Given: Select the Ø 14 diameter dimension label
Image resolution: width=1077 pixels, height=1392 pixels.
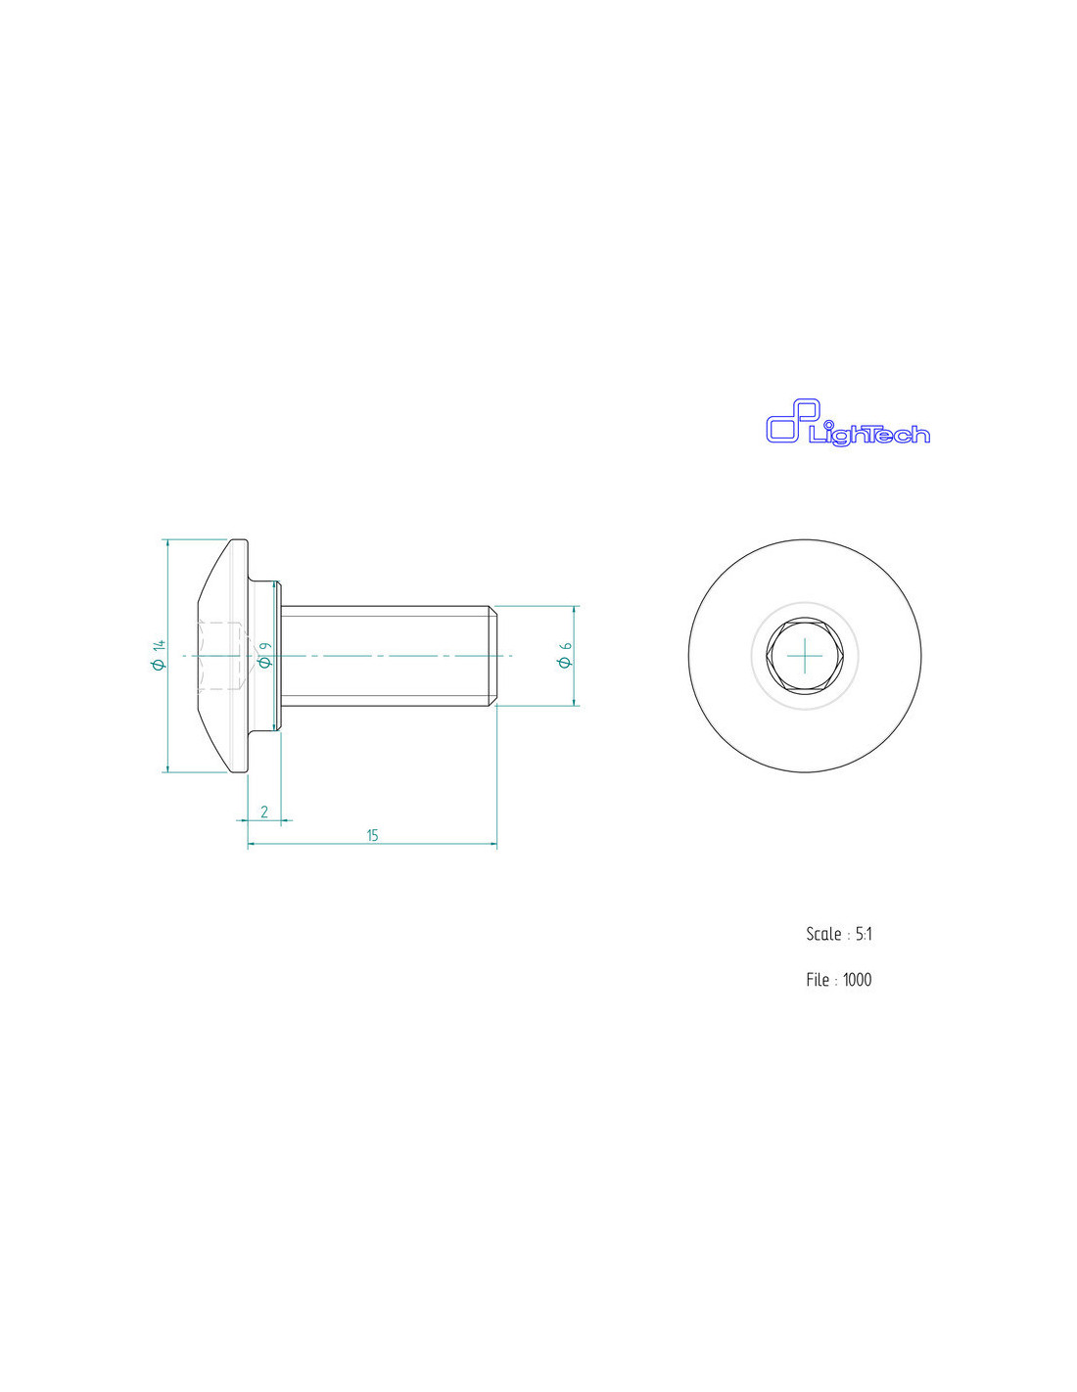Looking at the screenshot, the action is [x=159, y=655].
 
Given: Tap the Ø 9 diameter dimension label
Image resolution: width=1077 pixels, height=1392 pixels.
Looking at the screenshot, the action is [x=264, y=655].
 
